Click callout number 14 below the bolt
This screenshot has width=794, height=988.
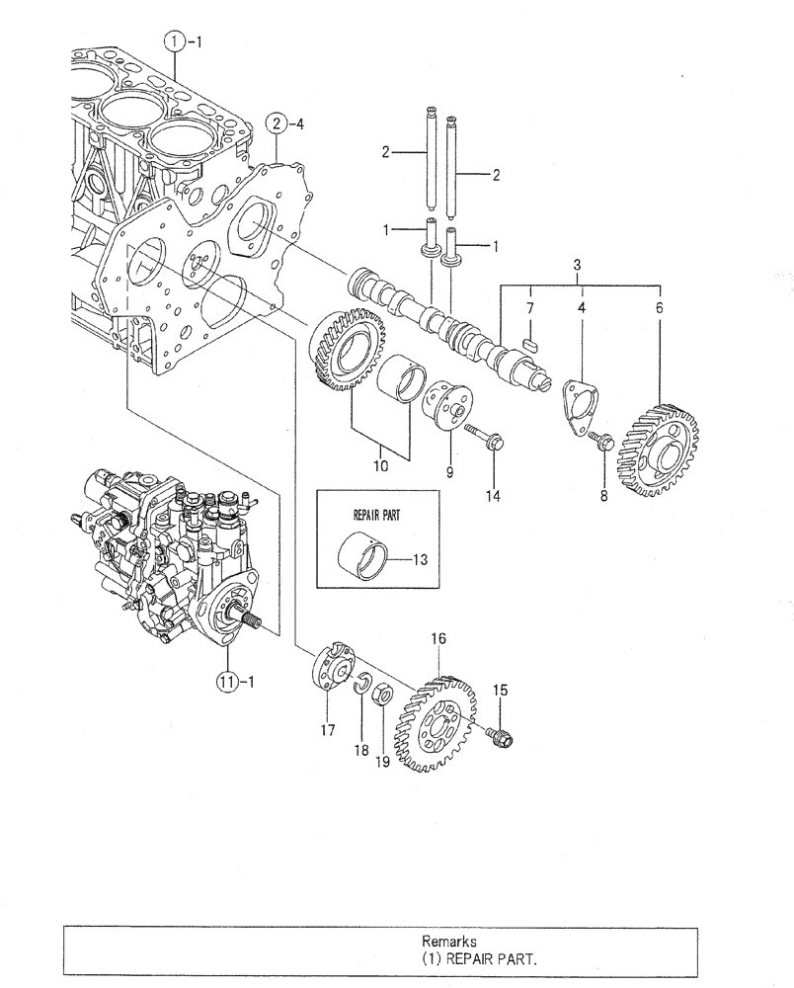pos(492,496)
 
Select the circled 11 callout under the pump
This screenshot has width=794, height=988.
pos(226,681)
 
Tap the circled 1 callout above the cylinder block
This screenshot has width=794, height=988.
pos(174,41)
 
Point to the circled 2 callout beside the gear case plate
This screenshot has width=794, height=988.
pos(278,123)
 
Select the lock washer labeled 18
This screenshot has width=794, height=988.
pos(362,681)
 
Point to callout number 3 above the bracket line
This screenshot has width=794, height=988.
pos(579,267)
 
